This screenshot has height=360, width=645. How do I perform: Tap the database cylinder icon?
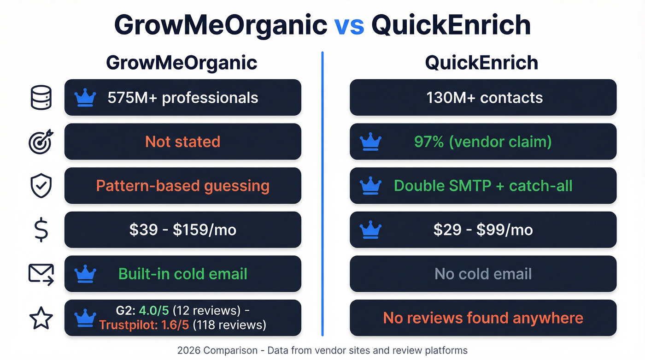tap(41, 98)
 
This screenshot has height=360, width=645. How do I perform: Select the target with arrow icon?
tap(41, 142)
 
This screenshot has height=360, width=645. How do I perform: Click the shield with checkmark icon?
tap(41, 186)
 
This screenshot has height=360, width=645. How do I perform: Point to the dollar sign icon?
tap(41, 230)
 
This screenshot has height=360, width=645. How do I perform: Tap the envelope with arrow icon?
tap(41, 274)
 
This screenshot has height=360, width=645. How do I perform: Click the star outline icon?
tap(41, 318)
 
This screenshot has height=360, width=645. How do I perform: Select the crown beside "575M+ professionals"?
tap(85, 98)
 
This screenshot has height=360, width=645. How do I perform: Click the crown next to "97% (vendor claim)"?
tap(370, 142)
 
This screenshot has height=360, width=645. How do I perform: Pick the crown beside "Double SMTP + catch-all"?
tap(370, 186)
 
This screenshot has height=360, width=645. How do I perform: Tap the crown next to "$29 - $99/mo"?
tap(370, 230)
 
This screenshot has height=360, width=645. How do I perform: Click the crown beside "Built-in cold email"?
tap(85, 274)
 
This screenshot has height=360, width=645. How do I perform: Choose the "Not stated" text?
tap(182, 142)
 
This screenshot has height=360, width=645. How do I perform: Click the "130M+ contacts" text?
tap(484, 98)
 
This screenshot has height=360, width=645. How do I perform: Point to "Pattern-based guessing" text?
tap(182, 186)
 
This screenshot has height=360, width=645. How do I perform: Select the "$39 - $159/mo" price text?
tap(182, 230)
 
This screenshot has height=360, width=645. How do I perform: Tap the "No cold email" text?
tap(483, 274)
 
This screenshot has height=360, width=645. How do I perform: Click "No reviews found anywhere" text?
tap(483, 318)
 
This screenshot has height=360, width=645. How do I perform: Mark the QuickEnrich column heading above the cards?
tap(481, 63)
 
